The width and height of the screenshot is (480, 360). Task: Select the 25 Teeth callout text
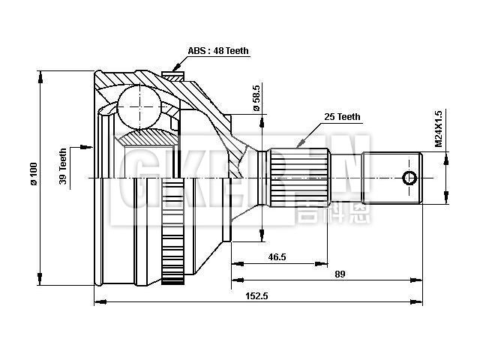[x=342, y=117]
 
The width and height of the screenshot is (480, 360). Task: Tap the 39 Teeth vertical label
[x=64, y=166]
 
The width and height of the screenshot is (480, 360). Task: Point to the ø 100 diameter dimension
[x=33, y=178]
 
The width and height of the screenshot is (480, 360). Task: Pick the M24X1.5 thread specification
[x=439, y=128]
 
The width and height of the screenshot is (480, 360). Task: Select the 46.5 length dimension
[x=277, y=257]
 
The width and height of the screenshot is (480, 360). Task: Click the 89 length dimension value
[x=340, y=274]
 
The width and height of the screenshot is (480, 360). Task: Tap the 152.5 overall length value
[x=256, y=296]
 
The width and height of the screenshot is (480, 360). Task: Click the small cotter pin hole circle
[x=409, y=178]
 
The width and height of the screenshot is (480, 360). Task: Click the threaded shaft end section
[x=392, y=178]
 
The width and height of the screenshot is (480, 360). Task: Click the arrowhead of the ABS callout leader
[x=174, y=69]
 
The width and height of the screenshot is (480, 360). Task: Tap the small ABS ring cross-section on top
[x=172, y=76]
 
